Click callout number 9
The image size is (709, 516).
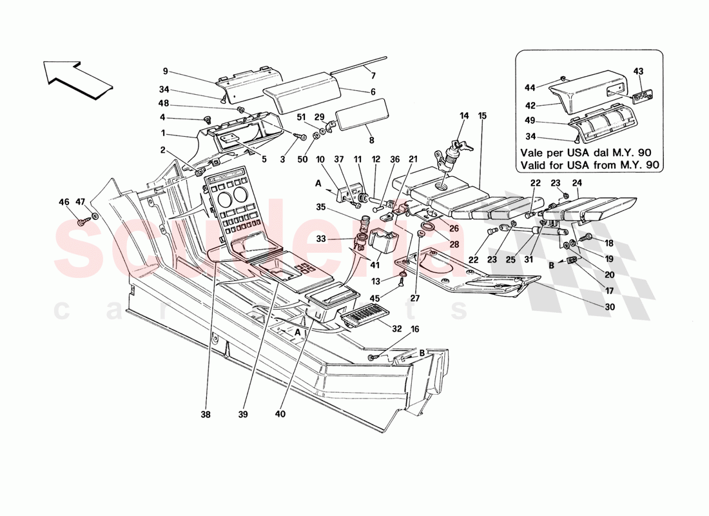click(x=165, y=71)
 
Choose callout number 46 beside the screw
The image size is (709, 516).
click(x=64, y=203)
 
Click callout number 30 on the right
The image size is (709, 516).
click(x=610, y=307)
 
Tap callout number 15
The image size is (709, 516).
click(x=482, y=117)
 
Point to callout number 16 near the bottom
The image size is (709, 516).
click(x=414, y=329)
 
